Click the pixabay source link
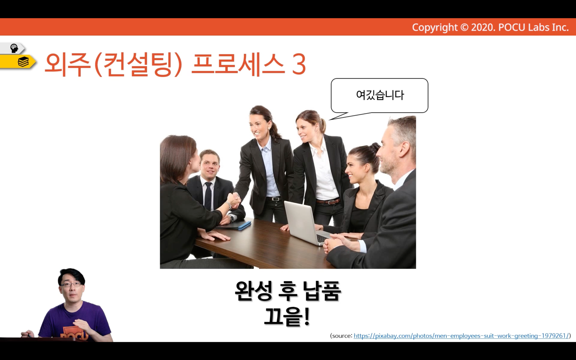point(461,336)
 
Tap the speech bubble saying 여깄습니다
point(379,96)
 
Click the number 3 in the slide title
point(299,64)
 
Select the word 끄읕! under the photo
point(287,317)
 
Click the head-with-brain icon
point(14,48)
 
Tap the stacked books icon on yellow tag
point(23,62)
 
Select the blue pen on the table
point(245,226)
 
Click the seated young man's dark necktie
point(208,196)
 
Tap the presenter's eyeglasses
point(70,285)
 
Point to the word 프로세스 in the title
point(238,64)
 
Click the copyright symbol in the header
point(464,27)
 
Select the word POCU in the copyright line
point(512,27)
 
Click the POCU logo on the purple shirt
point(75,333)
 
